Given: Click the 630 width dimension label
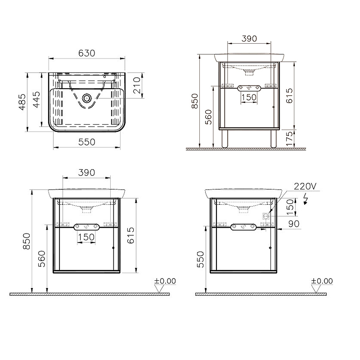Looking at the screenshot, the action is click(x=86, y=53).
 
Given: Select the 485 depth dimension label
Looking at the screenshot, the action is click(x=22, y=102).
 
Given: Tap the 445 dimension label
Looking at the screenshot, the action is click(x=36, y=99).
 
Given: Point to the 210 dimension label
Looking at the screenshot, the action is click(x=137, y=85).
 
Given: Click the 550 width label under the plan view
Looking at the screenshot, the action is click(x=86, y=142).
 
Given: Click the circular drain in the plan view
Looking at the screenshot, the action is click(x=87, y=98).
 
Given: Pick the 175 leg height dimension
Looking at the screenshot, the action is click(x=289, y=139).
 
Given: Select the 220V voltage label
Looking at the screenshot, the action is click(x=305, y=186).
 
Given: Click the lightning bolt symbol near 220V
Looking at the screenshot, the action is click(x=306, y=198).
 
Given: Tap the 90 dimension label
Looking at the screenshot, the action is click(x=294, y=224).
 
